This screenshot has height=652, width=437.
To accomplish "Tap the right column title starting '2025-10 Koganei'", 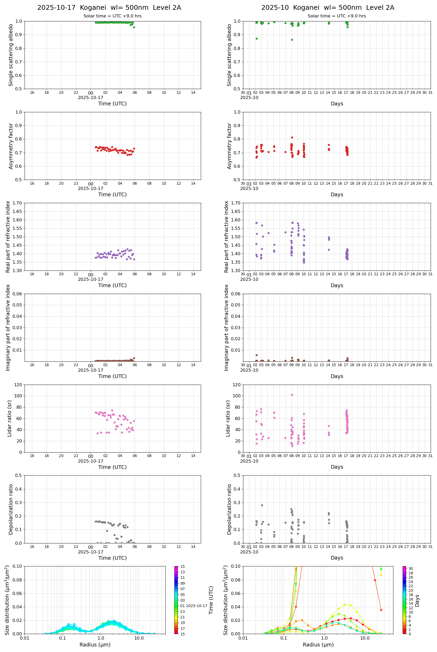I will (327, 7).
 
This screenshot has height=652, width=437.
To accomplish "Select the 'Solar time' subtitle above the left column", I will (112, 16).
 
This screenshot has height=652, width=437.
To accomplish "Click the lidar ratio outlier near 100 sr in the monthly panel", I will (292, 395).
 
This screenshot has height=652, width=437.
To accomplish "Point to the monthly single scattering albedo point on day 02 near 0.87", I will (256, 39).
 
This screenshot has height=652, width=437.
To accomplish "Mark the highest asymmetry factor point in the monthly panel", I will (292, 137).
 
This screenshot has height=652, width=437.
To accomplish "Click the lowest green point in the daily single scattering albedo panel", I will (134, 27).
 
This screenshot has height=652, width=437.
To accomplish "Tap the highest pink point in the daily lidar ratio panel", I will (112, 410).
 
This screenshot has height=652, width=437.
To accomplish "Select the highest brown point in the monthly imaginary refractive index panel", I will (256, 355).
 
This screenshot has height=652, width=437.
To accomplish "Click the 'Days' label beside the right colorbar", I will (417, 600).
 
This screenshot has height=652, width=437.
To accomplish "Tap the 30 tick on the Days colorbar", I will (411, 569).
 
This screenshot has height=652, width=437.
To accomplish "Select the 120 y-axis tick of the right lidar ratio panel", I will (236, 385).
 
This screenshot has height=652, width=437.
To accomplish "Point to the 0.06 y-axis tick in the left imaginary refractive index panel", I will (18, 294).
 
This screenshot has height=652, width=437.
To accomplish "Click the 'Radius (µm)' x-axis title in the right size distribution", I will (318, 645).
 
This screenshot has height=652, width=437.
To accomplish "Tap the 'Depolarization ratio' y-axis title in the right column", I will (229, 509).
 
